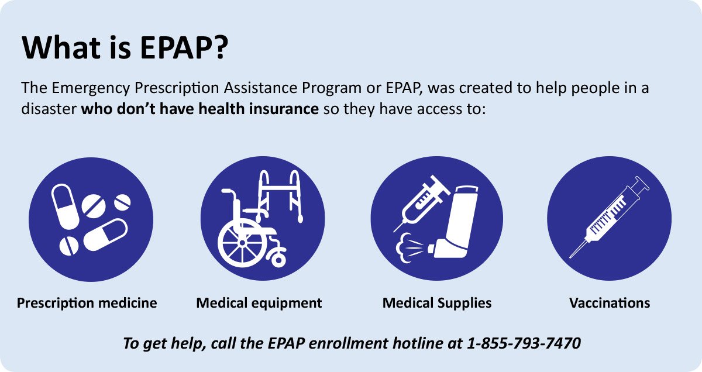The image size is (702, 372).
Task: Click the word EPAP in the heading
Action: coord(173,47)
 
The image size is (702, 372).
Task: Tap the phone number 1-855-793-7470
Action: coord(524,343)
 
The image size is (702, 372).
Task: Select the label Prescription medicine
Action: coord(87,303)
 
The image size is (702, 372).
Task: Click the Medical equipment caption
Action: coord(259,303)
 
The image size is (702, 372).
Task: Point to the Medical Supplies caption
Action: coord(437,303)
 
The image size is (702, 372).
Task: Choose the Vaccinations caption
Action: coord(610,303)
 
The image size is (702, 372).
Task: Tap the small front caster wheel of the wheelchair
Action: coord(278,260)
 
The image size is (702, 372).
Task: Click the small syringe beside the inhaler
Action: coord(422,204)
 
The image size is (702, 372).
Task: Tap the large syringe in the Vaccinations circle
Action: coord(609,217)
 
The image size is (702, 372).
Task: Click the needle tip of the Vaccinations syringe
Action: coord(570,257)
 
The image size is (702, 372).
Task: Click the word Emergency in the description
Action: coord(91,88)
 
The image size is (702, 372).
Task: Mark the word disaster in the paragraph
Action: coord(49,109)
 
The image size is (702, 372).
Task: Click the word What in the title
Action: coord(61,47)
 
